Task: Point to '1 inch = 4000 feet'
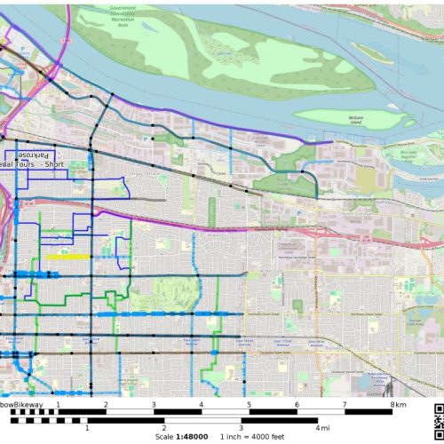pyautogui.click(x=250, y=437)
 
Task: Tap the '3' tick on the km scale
pyautogui.click(x=154, y=404)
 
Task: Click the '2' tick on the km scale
pyautogui.click(x=106, y=404)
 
